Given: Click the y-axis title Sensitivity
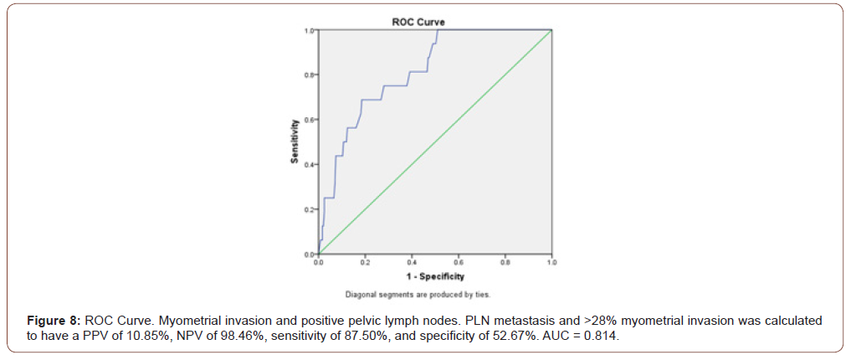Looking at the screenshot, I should (295, 142).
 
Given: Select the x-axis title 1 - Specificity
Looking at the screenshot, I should (434, 275).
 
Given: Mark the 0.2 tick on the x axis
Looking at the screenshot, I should (365, 262).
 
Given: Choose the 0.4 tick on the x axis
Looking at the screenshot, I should (412, 262).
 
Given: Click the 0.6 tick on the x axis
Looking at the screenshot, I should (459, 262).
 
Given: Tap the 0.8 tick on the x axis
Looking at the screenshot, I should (505, 262).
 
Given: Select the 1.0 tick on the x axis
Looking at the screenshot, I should (551, 262).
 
